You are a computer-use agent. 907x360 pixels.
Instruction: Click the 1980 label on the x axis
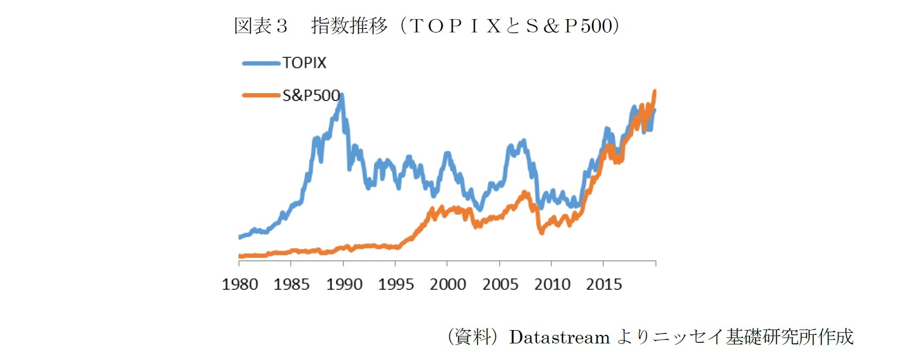[x=240, y=284]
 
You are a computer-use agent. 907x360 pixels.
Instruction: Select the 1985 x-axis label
[x=292, y=284]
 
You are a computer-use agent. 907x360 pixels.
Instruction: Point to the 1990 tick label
[x=344, y=284]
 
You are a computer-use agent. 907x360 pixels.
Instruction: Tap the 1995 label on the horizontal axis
[x=396, y=284]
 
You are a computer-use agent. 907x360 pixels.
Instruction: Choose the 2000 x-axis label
[x=448, y=284]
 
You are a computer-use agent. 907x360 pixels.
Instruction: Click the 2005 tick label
[x=500, y=284]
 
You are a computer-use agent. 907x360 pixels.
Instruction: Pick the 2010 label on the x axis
[x=552, y=284]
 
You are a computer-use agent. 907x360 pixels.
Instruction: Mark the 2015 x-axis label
[x=604, y=284]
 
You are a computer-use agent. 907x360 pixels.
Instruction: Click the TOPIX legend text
[x=304, y=63]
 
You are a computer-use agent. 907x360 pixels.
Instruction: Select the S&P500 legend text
[x=311, y=95]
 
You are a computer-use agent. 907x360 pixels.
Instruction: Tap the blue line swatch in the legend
[x=261, y=63]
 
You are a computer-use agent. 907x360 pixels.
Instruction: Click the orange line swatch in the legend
[x=261, y=95]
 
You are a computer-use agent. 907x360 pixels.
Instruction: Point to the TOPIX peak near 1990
[x=341, y=96]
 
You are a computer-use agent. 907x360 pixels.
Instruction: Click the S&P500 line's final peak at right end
[x=654, y=91]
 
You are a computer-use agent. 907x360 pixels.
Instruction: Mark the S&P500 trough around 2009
[x=542, y=233]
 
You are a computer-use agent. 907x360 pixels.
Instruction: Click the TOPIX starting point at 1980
[x=240, y=237]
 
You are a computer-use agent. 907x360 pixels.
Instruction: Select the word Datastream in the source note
[x=559, y=337]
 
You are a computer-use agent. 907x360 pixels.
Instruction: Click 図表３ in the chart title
[x=261, y=26]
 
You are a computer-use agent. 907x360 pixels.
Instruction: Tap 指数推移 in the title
[x=349, y=26]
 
